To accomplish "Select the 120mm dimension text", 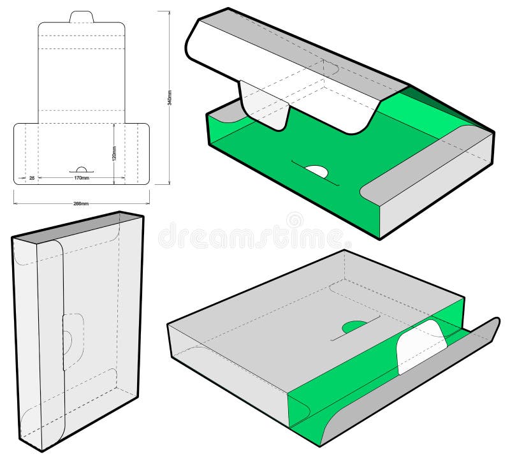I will click(115, 155).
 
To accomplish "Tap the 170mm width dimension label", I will click(81, 178).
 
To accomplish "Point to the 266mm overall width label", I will click(81, 203).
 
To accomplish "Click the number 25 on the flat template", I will click(32, 178).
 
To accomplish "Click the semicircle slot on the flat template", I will click(81, 170).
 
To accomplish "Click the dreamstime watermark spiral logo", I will click(295, 220).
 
